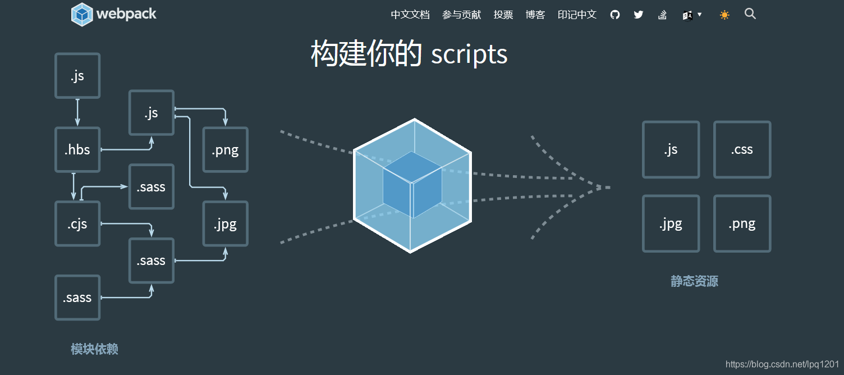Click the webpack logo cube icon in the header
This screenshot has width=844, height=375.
click(82, 15)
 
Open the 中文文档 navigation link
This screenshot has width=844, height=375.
click(410, 15)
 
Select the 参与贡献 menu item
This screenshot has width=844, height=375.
click(461, 15)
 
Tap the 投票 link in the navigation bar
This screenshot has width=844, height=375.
click(503, 15)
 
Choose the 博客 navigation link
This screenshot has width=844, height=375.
click(535, 15)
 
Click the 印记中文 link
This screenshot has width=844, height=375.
click(577, 15)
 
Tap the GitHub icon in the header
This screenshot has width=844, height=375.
click(615, 15)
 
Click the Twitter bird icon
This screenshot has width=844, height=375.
click(639, 15)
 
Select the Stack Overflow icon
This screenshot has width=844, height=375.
click(663, 15)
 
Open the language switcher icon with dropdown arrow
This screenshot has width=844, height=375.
click(692, 15)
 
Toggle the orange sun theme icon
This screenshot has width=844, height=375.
click(724, 15)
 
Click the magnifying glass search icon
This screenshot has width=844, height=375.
click(750, 14)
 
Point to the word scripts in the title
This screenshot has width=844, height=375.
click(469, 54)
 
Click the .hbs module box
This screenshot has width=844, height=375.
click(77, 150)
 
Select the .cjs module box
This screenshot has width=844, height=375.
click(77, 224)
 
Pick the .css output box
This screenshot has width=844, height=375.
click(742, 150)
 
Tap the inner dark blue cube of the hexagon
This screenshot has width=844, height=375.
click(412, 185)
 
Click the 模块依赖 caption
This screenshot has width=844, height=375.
click(94, 349)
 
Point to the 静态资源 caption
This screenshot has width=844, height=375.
click(694, 281)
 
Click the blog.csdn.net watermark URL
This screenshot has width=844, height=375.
click(782, 364)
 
